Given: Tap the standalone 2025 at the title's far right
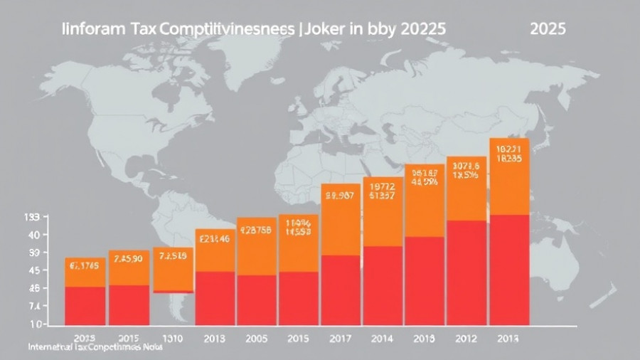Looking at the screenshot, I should (x=548, y=31).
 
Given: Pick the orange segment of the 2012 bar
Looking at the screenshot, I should (x=466, y=189).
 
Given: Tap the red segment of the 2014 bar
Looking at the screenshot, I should (x=383, y=285).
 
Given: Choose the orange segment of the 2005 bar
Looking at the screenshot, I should (x=257, y=246).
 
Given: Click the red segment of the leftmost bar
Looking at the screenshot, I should (x=85, y=306).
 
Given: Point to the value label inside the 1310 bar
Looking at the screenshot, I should (x=173, y=256).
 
